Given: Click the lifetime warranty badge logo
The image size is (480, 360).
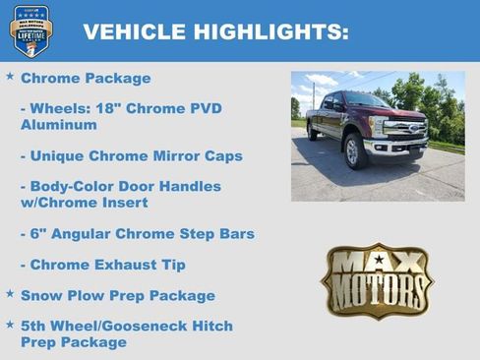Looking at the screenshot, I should tap(30, 30).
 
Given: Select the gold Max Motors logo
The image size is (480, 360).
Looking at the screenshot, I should tap(377, 280).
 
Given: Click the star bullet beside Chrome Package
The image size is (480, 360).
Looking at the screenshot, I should tap(10, 76).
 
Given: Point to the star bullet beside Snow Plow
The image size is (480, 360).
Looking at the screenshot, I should tap(10, 293).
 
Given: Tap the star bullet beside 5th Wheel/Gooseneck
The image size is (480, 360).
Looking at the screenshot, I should tap(10, 324).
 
